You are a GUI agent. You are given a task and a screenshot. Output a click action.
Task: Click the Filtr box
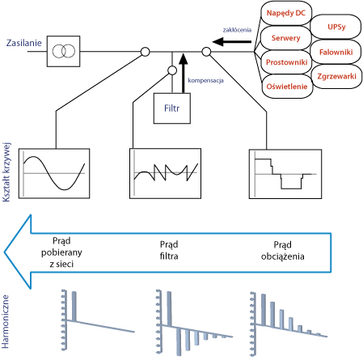(x=172, y=108)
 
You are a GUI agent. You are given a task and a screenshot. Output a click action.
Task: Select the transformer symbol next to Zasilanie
(x=64, y=51)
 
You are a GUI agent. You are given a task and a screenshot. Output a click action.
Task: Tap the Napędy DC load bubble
(x=286, y=13)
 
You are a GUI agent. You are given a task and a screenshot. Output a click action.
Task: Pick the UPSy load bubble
(x=336, y=27)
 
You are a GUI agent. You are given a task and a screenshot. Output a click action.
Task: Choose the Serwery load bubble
(x=285, y=38)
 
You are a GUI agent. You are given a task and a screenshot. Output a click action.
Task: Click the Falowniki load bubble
(x=336, y=52)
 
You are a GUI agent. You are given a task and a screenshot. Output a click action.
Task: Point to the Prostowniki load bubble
(x=286, y=62)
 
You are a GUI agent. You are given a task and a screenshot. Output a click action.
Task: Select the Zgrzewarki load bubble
(x=336, y=76)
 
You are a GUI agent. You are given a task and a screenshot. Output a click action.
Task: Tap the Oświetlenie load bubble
(x=287, y=87)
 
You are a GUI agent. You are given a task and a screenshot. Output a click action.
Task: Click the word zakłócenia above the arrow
(x=237, y=30)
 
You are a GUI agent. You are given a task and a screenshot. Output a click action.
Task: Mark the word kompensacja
(x=205, y=81)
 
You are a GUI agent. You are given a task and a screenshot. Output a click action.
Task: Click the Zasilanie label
(x=24, y=43)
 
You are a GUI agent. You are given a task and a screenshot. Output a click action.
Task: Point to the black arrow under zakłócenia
(x=232, y=42)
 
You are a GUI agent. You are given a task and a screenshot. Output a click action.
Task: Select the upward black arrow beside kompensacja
(x=184, y=73)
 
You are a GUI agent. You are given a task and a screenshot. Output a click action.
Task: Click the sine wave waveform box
(x=54, y=173)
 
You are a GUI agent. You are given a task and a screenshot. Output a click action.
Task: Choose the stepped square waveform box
(x=285, y=174)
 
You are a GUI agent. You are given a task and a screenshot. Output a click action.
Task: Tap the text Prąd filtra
(x=169, y=250)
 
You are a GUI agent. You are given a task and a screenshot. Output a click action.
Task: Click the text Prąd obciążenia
(x=283, y=251)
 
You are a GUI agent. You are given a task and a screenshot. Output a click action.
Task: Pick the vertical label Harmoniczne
(x=5, y=322)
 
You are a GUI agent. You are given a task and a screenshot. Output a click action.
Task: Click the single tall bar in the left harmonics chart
(x=74, y=307)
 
